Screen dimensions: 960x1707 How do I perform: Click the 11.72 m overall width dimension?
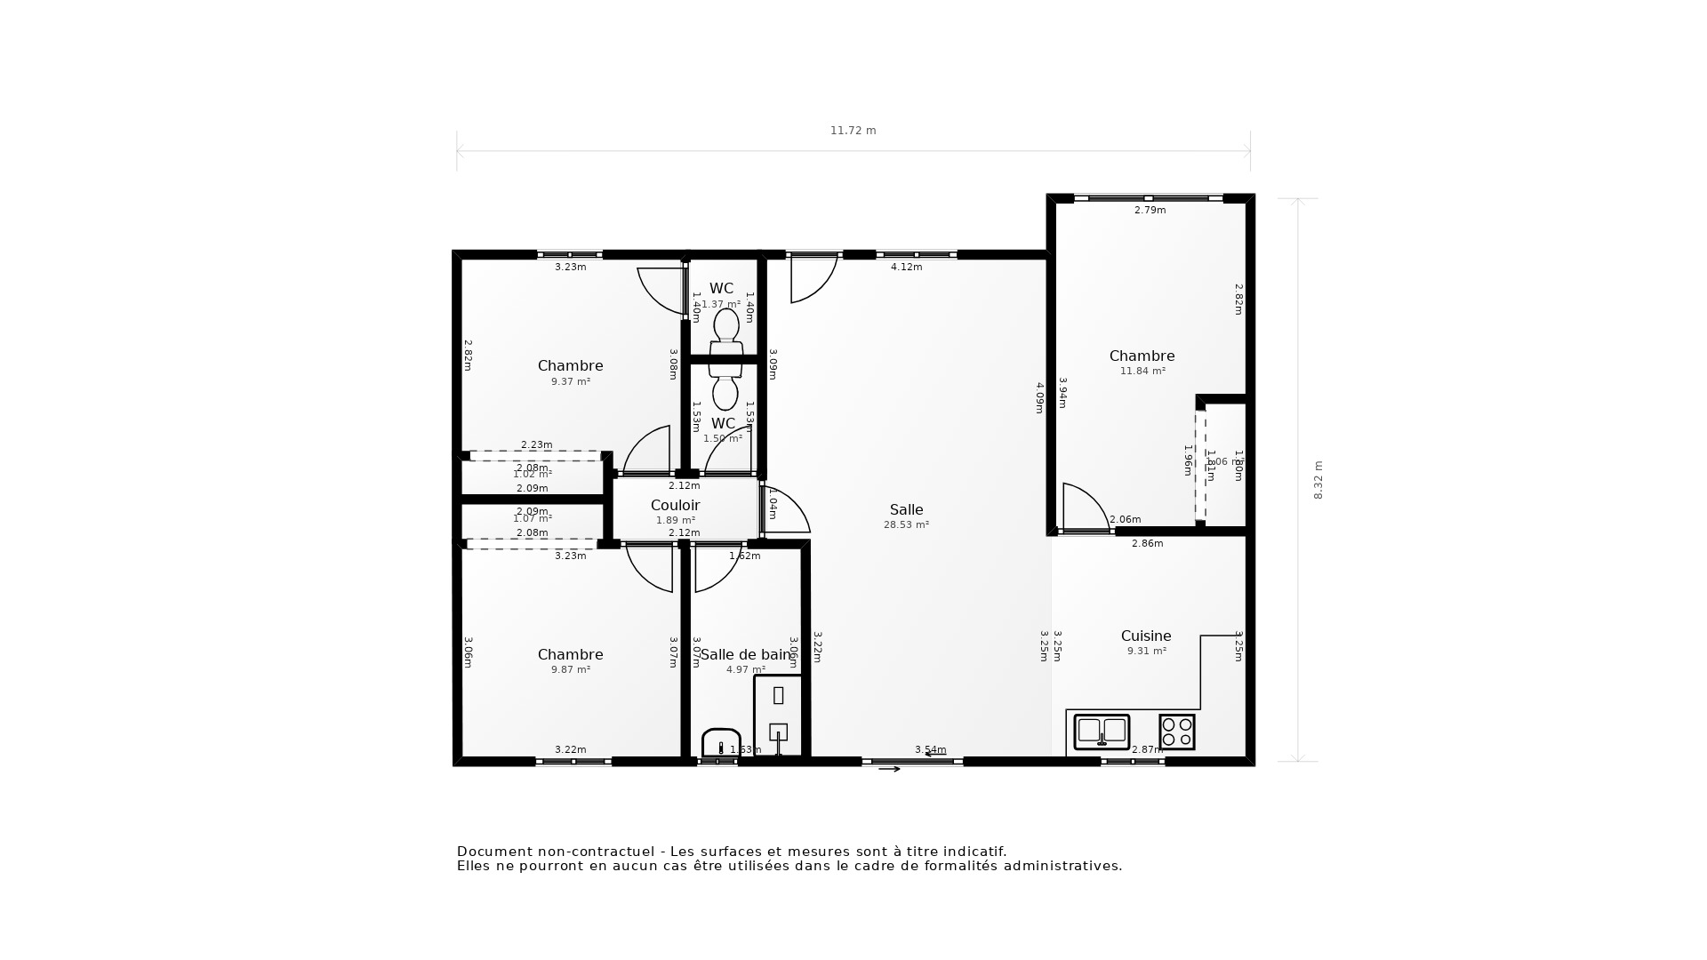pyautogui.click(x=853, y=131)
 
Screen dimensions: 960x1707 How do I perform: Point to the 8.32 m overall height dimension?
pyautogui.click(x=1318, y=480)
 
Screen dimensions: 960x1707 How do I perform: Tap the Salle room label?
pyautogui.click(x=906, y=509)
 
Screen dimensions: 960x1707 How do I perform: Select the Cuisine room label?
pyautogui.click(x=1145, y=636)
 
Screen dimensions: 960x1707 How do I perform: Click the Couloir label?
pyautogui.click(x=675, y=505)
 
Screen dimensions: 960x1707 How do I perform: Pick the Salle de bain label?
pyautogui.click(x=745, y=655)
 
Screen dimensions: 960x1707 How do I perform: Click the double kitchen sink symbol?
pyautogui.click(x=1102, y=732)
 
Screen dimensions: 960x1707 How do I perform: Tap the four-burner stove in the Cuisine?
pyautogui.click(x=1176, y=732)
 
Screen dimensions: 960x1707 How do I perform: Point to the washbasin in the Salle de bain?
pyautogui.click(x=721, y=743)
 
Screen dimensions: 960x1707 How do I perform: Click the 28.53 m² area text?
pyautogui.click(x=906, y=525)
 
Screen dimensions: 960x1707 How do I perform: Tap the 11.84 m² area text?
pyautogui.click(x=1142, y=372)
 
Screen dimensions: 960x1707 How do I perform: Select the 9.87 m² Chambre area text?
pyautogui.click(x=570, y=670)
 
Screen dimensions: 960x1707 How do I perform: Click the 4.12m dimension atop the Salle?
pyautogui.click(x=906, y=267)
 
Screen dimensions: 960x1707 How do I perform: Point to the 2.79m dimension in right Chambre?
pyautogui.click(x=1150, y=211)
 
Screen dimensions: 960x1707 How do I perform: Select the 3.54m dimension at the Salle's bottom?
pyautogui.click(x=930, y=750)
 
